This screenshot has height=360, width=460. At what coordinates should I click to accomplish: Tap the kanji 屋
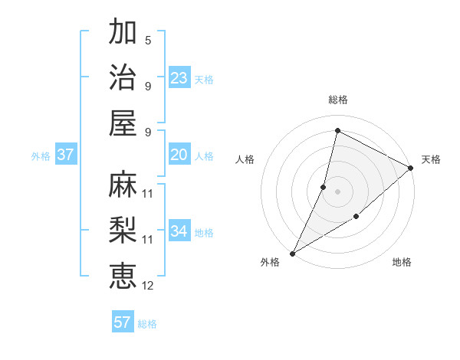point(123,123)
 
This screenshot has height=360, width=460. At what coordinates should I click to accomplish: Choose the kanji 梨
point(123,231)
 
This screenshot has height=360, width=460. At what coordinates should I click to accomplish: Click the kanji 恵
point(123,277)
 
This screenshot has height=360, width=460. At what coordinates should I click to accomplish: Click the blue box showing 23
point(179,78)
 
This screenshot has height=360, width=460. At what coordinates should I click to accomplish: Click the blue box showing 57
point(123,322)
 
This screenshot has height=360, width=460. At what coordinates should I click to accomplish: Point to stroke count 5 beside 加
point(148,40)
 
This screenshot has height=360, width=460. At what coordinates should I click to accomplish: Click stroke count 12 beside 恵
point(148,286)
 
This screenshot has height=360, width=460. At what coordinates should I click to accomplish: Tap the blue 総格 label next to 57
point(147,324)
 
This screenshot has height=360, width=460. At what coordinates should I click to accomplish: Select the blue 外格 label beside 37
point(41,156)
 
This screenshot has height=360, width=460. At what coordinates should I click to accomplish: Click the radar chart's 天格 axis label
point(431,159)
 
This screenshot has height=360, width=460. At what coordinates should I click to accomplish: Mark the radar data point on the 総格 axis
point(337,131)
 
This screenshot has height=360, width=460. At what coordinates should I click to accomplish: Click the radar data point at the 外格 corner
point(292,253)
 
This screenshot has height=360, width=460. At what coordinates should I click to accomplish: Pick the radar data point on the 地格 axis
point(356,218)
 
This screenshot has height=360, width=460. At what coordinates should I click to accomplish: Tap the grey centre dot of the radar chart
point(337,191)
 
